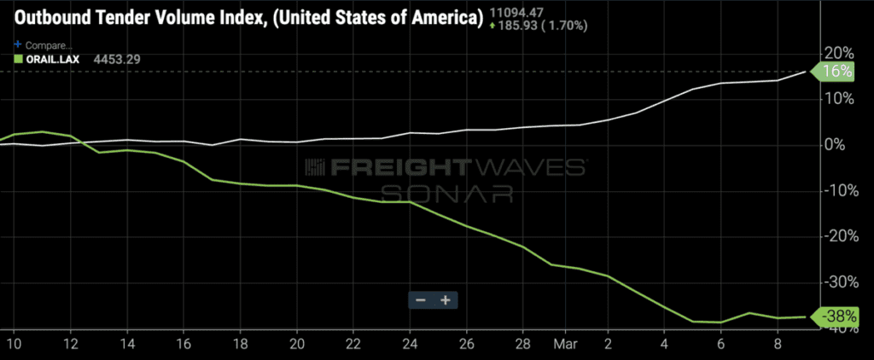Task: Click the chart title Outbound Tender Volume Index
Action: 243,19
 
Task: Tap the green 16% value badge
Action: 837,73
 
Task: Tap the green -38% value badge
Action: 836,316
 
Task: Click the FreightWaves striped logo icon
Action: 315,167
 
